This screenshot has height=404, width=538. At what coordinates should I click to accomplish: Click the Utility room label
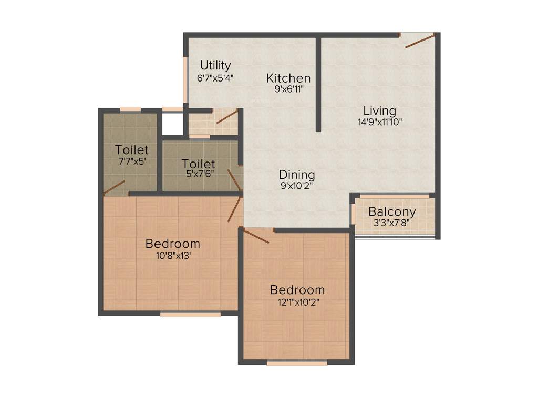pos(215,66)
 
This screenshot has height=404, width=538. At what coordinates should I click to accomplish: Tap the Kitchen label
pos(288,78)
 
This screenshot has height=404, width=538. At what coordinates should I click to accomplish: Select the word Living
pos(380,111)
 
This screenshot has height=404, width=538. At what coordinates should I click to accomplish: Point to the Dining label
pos(297,175)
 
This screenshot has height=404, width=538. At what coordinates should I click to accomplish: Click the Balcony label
pos(392,212)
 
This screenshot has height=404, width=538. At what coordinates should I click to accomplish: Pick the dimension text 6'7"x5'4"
pos(215,77)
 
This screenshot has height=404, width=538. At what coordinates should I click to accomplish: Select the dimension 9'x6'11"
pos(288,89)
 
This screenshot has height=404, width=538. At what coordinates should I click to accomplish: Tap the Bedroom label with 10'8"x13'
pos(173,244)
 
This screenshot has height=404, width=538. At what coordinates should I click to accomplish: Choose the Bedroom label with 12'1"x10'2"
pos(297,290)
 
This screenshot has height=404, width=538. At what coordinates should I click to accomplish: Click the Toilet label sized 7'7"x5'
pos(132,150)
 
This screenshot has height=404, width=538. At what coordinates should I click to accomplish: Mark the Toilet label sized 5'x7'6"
pos(199,164)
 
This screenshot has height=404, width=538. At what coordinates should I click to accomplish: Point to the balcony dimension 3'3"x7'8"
pos(392,223)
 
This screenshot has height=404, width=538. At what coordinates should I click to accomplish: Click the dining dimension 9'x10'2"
pos(297,185)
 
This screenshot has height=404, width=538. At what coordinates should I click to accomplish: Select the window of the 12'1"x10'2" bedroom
pos(297,362)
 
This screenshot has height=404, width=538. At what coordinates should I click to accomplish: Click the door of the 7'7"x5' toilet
pos(114,187)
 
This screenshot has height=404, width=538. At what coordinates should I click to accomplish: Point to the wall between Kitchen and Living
pos(318,84)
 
